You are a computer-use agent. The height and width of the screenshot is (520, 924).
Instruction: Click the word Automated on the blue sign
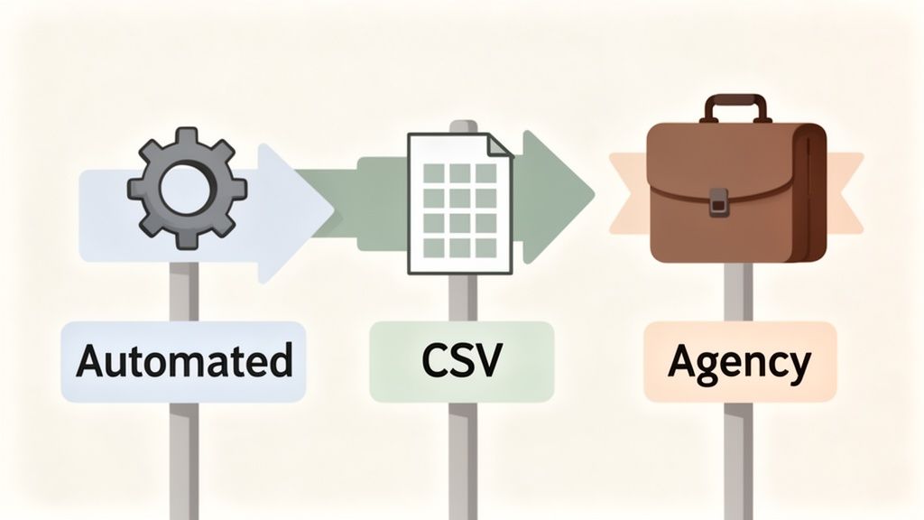(184, 360)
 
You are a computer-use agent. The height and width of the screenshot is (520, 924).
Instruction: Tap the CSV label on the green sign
(461, 360)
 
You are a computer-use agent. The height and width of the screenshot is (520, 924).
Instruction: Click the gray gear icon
(186, 188)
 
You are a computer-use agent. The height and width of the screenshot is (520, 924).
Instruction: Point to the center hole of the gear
(186, 189)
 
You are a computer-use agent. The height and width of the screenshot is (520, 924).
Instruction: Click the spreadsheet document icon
(459, 202)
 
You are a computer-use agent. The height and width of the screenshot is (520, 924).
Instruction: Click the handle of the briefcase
(735, 106)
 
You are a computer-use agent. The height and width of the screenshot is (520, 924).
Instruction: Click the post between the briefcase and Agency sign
(739, 293)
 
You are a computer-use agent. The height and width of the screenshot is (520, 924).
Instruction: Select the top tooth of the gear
(186, 138)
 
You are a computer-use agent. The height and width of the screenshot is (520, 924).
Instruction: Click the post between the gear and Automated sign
(185, 291)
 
